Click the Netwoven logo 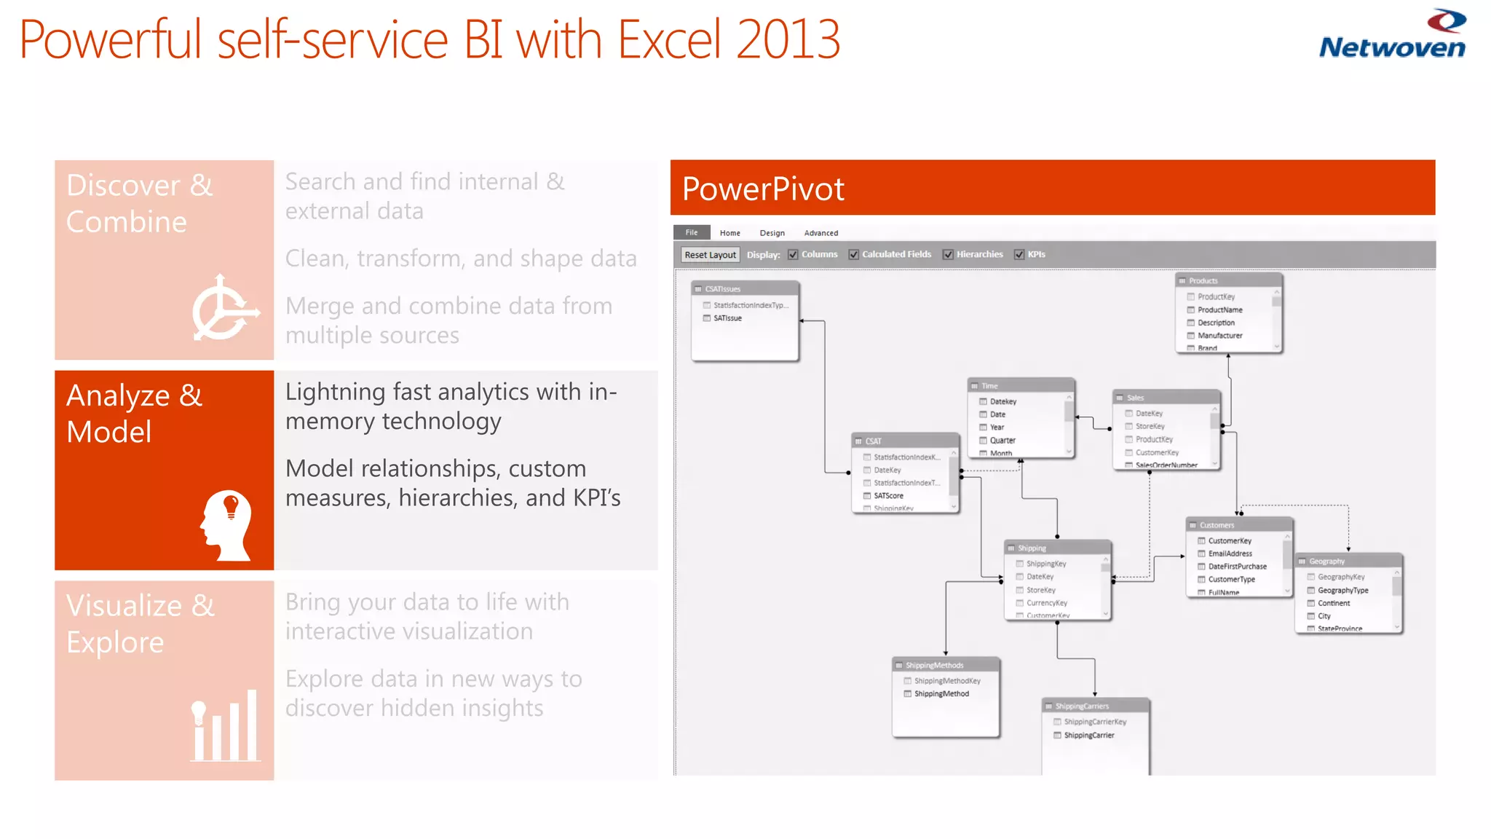[1392, 35]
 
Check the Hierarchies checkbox [948, 255]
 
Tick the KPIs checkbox [1019, 255]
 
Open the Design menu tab [772, 233]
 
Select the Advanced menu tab [820, 233]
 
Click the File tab [691, 232]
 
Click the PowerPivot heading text [763, 189]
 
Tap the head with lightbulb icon [226, 525]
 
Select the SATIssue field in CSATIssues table [727, 318]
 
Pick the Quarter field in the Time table [1002, 441]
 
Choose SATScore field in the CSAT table [888, 496]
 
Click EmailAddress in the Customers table [1230, 554]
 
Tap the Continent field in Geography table [1333, 603]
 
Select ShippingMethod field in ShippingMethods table [941, 694]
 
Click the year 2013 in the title [788, 40]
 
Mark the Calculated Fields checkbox [853, 255]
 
